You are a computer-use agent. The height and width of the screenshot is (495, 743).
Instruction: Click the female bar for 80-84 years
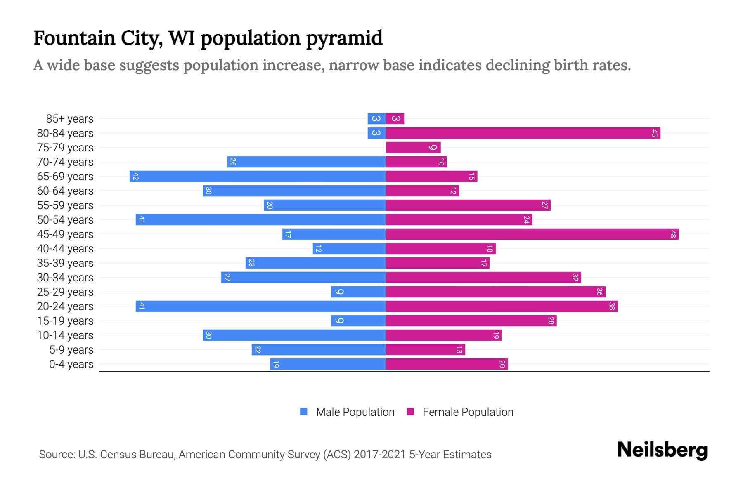pyautogui.click(x=523, y=133)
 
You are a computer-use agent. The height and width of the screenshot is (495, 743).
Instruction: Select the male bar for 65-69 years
pyautogui.click(x=258, y=177)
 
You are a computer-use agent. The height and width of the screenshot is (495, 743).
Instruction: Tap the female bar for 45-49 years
pyautogui.click(x=532, y=234)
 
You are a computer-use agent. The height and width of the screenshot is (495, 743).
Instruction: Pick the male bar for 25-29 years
pyautogui.click(x=358, y=292)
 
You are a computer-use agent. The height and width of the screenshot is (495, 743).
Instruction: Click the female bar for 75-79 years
pyautogui.click(x=413, y=148)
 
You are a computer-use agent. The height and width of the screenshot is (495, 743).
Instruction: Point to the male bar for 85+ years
pyautogui.click(x=376, y=119)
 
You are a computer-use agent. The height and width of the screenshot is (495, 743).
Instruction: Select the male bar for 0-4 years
pyautogui.click(x=328, y=364)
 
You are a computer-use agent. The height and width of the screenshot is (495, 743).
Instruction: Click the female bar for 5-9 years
pyautogui.click(x=425, y=350)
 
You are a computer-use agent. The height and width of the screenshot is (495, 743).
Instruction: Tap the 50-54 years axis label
pyautogui.click(x=65, y=220)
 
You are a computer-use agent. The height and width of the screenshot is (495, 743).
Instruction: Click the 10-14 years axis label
pyautogui.click(x=65, y=335)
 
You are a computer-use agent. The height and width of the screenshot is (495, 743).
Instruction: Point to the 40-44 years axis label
pyautogui.click(x=65, y=249)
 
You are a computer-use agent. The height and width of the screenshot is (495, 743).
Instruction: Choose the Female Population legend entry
pyautogui.click(x=460, y=412)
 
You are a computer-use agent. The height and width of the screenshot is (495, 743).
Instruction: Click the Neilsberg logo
pyautogui.click(x=662, y=450)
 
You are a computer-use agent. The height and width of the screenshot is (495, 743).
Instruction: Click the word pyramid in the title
pyautogui.click(x=344, y=38)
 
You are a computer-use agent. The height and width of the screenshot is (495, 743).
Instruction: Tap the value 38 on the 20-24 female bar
pyautogui.click(x=612, y=306)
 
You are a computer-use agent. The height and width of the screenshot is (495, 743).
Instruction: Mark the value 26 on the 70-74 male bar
pyautogui.click(x=233, y=162)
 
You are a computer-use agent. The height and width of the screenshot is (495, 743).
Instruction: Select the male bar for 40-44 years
pyautogui.click(x=349, y=249)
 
